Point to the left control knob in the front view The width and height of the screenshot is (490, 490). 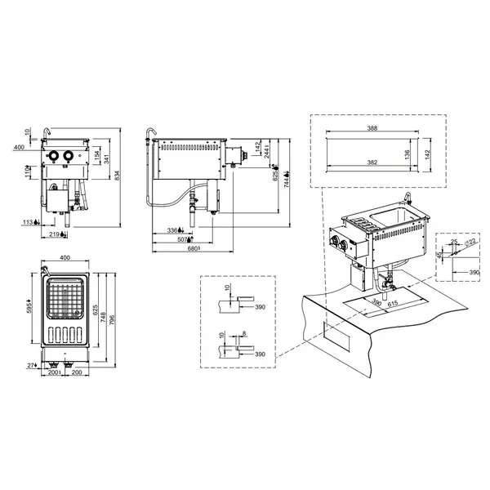[x=53, y=157]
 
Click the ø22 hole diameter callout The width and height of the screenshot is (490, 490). [x=470, y=241]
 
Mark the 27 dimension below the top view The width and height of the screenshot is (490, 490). [x=30, y=366]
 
